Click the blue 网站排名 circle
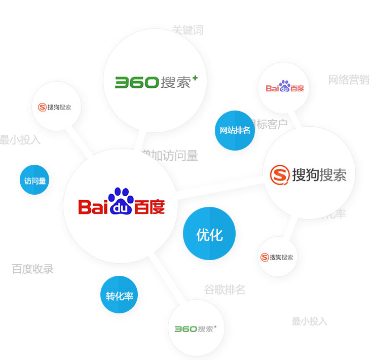click(235, 130)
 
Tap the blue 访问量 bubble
click(34, 180)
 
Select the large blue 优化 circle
click(209, 234)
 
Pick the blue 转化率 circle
click(119, 295)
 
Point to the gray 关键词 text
click(188, 30)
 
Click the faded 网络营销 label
click(349, 80)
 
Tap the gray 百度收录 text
click(33, 269)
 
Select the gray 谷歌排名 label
click(225, 290)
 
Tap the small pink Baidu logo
click(284, 87)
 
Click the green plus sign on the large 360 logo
click(195, 78)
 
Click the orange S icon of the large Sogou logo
click(279, 175)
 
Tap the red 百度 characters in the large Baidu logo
click(149, 207)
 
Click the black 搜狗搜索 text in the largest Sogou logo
click(319, 175)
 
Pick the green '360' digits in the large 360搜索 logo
click(137, 83)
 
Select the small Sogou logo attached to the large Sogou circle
click(277, 257)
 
